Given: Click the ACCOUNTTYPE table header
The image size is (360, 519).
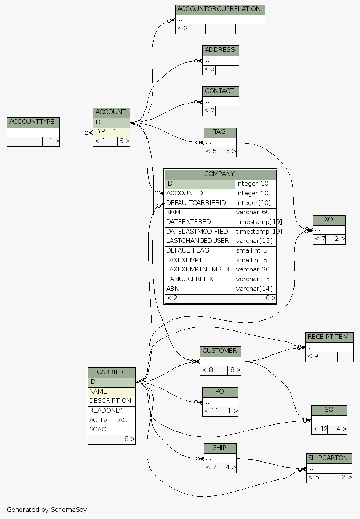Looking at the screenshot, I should pos(33,122).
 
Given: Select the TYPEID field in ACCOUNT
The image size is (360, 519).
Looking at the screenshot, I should pos(111,132).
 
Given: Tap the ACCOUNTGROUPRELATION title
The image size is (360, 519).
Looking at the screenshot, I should pos(220,9).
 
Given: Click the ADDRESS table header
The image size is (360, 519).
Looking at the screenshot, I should pos(220,50).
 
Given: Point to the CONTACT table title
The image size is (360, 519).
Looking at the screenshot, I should pos(220,91).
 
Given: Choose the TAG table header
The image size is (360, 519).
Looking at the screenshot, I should pos(220,132).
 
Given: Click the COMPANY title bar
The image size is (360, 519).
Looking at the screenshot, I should pos(220,174).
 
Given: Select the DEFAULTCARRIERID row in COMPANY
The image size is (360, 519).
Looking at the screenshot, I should pos(199,203).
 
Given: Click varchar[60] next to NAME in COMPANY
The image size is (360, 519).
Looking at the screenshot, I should pos(255,213).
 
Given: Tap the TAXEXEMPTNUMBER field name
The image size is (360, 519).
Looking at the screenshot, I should pos(199,270).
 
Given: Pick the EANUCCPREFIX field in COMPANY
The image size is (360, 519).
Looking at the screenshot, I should pos(199,279).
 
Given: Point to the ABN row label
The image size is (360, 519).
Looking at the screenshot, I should pos(199,289).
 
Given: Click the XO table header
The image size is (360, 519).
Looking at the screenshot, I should pos(329,220).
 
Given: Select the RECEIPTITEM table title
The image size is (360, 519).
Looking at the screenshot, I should pos(329,337).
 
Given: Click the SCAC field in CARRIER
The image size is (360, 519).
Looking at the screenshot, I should pos(111,430).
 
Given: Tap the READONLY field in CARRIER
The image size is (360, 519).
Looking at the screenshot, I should pos(111,410).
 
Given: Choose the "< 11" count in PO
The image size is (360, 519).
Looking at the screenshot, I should pos(211,411).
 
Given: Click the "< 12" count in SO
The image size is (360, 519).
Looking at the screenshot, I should pos(319,430).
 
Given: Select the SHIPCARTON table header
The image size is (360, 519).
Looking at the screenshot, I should pos(329,458).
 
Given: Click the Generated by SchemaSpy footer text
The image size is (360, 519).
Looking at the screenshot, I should pos(47,510).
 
